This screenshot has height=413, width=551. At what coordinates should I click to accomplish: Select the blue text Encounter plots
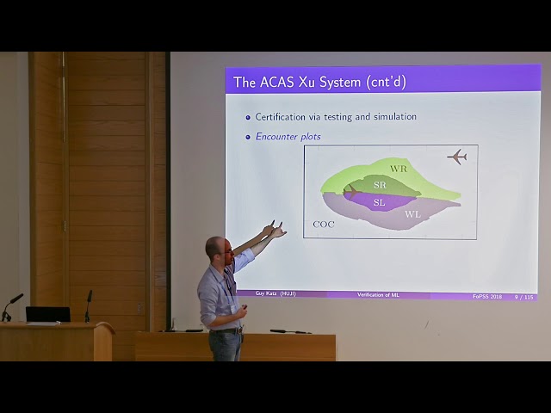coord(288,136)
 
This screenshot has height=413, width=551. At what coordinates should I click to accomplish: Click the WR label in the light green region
coord(398,169)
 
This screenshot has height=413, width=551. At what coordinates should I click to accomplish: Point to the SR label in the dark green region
coord(380,185)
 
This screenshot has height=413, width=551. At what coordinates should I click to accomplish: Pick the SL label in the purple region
coord(379,202)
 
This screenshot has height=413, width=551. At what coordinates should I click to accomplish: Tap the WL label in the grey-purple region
coord(412,214)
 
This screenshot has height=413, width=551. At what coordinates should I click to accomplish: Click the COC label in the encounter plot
coord(324,225)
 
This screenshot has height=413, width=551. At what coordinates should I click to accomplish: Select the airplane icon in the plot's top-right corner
coord(456,157)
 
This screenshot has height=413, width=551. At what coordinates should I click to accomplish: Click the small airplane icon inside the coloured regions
coord(351,191)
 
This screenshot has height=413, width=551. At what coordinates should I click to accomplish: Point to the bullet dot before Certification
coord(248,117)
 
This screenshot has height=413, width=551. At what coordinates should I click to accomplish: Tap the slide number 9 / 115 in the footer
coord(523,296)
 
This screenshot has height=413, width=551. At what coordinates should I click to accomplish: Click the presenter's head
coord(218,251)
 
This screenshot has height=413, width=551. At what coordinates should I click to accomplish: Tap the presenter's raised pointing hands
coord(275,229)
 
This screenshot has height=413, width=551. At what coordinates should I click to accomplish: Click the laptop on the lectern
coord(47,314)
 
